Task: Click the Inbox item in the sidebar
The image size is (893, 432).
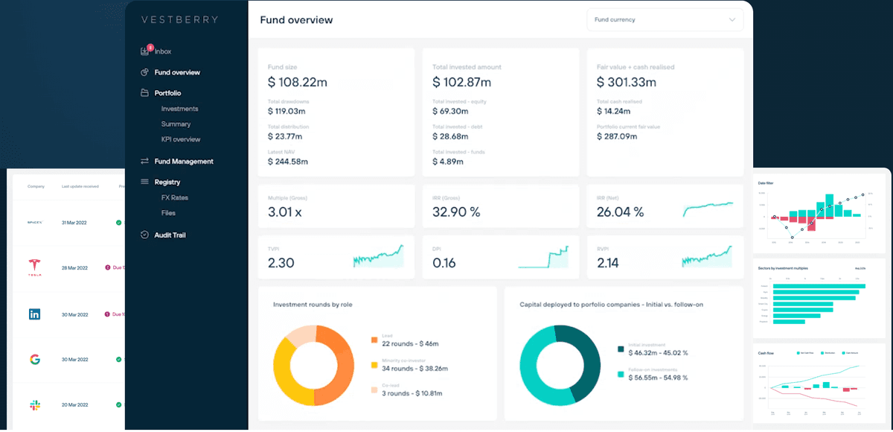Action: pyautogui.click(x=162, y=51)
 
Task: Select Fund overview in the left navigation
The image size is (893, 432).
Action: pyautogui.click(x=176, y=72)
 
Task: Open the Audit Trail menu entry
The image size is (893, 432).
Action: pyautogui.click(x=170, y=235)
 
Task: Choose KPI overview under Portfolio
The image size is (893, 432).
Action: pyautogui.click(x=181, y=139)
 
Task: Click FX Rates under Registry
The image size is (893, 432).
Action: pyautogui.click(x=174, y=197)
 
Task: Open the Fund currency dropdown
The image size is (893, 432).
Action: pyautogui.click(x=665, y=19)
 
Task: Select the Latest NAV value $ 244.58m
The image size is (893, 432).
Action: pyautogui.click(x=287, y=161)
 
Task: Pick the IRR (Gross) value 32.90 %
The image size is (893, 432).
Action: pyautogui.click(x=456, y=212)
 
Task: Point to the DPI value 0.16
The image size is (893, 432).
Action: pyautogui.click(x=444, y=263)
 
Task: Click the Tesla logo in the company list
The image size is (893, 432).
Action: pyautogui.click(x=34, y=267)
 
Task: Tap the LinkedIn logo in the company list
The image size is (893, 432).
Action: pyautogui.click(x=34, y=314)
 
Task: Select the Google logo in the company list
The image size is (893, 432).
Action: pyautogui.click(x=34, y=360)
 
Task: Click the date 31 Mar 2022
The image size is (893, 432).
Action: pyautogui.click(x=74, y=222)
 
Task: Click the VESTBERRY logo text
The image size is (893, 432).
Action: pyautogui.click(x=179, y=19)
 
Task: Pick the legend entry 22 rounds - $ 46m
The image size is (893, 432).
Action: pyautogui.click(x=409, y=343)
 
